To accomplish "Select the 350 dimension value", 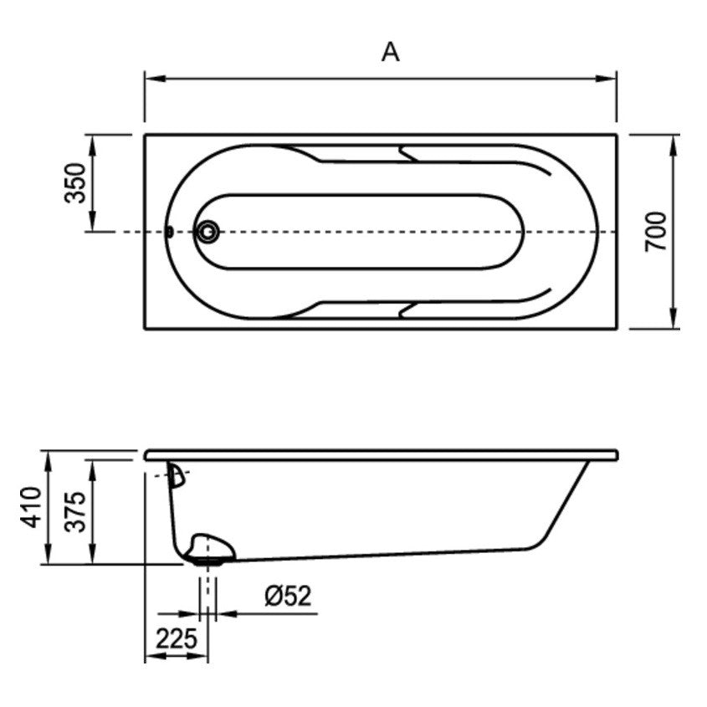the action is click(74, 183).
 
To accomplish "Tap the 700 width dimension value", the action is click(655, 232).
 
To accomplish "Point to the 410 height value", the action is click(31, 507).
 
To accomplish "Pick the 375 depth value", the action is click(74, 512).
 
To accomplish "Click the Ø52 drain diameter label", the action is click(288, 596).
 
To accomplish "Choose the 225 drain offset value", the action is click(177, 638).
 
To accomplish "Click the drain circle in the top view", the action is click(207, 233).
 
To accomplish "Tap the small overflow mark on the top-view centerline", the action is click(170, 232).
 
